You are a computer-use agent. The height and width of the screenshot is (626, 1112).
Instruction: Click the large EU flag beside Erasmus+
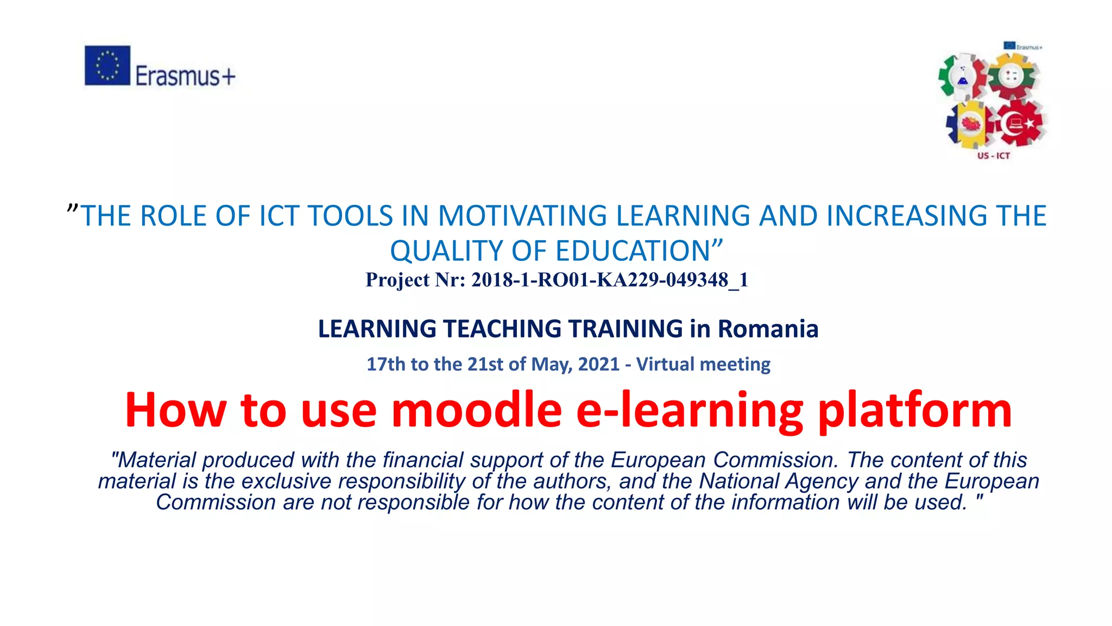pos(108,65)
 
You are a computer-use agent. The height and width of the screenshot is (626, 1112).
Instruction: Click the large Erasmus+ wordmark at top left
pos(185,76)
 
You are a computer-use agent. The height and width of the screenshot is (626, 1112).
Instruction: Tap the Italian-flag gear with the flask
pos(962,77)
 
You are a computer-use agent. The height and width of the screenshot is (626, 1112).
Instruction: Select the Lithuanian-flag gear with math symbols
pos(1012,76)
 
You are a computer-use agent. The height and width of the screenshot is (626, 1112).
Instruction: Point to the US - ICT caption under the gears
pos(994,156)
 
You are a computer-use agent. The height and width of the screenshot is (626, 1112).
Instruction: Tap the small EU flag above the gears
pos(1009,46)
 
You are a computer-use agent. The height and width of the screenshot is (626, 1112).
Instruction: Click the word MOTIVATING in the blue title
pos(522,216)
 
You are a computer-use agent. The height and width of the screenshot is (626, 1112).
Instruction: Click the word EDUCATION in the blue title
pos(633,251)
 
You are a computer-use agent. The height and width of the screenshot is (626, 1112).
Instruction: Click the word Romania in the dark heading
pos(768,329)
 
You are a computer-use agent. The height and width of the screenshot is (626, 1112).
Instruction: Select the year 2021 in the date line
pos(598,364)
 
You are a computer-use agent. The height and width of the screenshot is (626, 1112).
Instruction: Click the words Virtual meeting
pos(703,364)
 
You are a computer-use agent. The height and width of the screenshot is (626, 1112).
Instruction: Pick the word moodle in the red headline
pos(476,410)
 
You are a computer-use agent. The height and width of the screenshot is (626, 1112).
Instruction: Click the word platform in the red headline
pos(914,410)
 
